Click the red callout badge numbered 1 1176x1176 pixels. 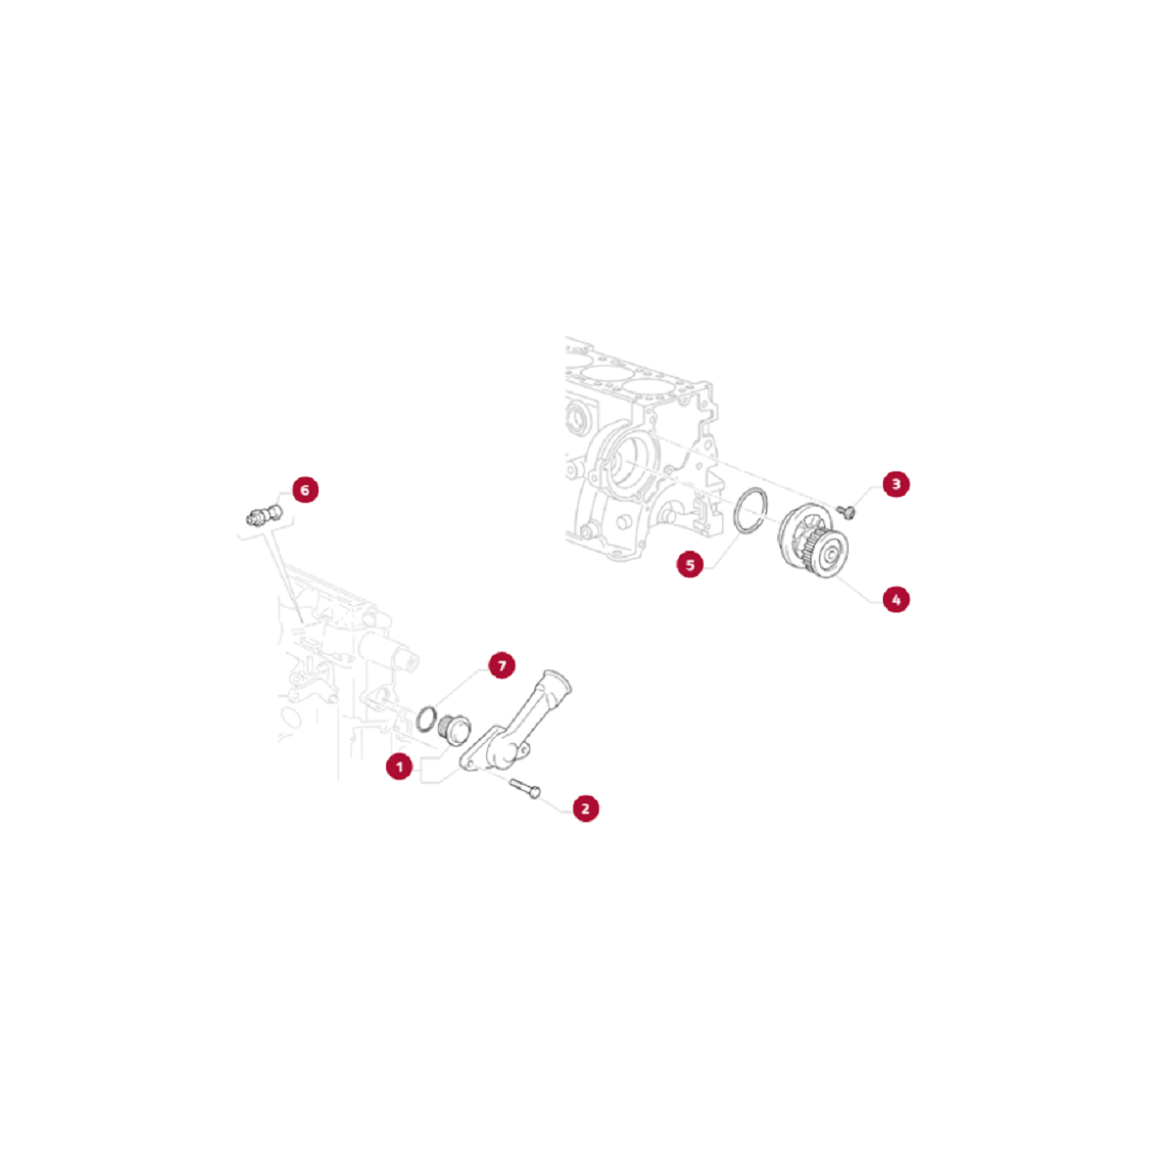click(400, 766)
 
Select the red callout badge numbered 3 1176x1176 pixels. click(896, 484)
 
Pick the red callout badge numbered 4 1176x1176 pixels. click(896, 600)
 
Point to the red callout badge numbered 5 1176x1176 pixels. click(690, 563)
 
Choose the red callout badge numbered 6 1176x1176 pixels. click(305, 489)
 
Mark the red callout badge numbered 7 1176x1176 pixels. click(502, 665)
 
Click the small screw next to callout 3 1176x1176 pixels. click(846, 512)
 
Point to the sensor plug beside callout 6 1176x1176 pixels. click(265, 515)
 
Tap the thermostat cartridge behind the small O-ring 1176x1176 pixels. click(455, 729)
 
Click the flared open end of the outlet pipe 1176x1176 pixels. click(556, 680)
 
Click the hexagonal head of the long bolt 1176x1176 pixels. click(535, 793)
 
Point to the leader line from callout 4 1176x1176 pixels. click(858, 588)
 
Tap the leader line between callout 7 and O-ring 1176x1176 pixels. click(459, 688)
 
